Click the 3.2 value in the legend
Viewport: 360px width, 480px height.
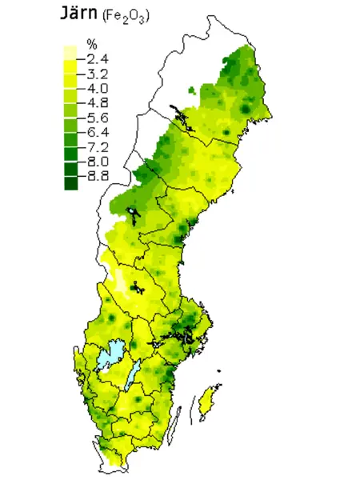coord(98,73)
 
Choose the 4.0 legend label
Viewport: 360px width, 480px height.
coord(98,88)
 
